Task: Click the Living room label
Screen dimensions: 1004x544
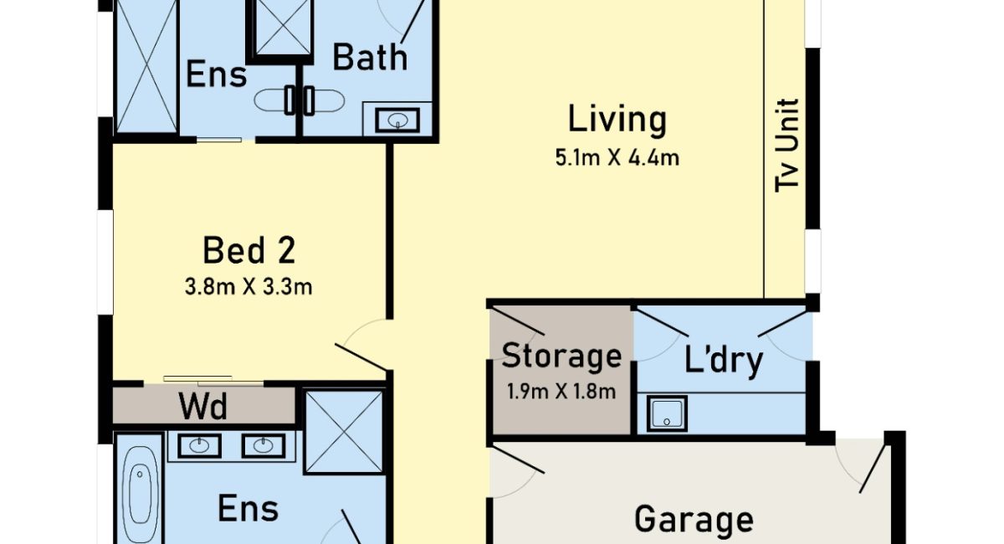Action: point(617,120)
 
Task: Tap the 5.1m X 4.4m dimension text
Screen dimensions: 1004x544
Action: point(617,158)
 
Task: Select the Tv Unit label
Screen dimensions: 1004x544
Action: point(787,146)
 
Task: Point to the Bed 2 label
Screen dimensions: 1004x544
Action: point(248,250)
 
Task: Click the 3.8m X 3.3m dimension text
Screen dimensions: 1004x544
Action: point(248,287)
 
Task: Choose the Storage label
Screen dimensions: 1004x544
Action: point(561,357)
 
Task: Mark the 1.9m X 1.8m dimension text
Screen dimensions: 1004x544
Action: point(561,392)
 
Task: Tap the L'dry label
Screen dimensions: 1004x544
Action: point(724,360)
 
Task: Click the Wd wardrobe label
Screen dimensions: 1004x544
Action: point(203,406)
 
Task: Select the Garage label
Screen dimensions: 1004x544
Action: point(694,520)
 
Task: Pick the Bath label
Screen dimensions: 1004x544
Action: point(370,58)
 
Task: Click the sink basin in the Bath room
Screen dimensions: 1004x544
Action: point(397,121)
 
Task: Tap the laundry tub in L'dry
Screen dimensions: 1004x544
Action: point(667,413)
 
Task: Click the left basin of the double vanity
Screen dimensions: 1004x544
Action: point(199,445)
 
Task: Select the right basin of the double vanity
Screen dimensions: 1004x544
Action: point(263,445)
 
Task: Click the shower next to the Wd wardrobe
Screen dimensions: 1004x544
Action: point(344,433)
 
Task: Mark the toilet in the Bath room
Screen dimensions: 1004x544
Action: point(324,100)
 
